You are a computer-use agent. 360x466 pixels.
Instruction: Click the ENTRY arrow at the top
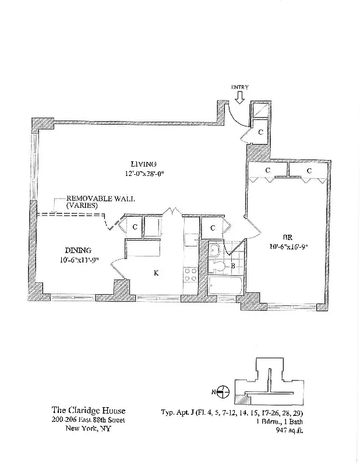point(240,97)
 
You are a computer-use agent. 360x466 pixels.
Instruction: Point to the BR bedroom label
point(287,237)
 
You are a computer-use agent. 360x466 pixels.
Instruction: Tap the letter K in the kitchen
point(156,272)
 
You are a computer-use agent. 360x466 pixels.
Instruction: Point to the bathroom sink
point(215,250)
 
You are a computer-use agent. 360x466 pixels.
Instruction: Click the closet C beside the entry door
point(260,132)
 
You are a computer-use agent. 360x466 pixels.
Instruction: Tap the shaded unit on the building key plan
point(242,400)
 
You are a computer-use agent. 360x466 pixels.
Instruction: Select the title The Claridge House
point(89,411)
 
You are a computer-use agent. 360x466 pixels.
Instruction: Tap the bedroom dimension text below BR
point(287,246)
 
